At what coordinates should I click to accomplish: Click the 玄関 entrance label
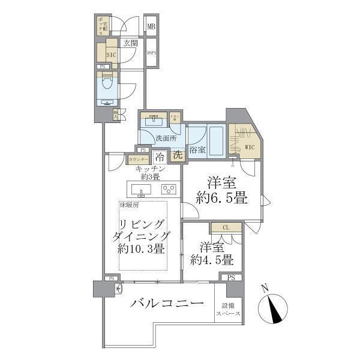point(131,43)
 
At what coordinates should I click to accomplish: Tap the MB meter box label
point(152,26)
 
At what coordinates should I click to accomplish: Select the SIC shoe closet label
point(111,53)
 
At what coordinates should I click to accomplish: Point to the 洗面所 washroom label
point(166,139)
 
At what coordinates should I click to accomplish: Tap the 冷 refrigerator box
point(160,157)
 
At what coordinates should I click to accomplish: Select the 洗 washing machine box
point(178,155)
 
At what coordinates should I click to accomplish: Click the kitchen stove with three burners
point(168,190)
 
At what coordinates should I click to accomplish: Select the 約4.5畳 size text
point(212,260)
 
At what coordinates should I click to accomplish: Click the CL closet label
point(226,227)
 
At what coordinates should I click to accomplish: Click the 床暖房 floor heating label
point(130,205)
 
